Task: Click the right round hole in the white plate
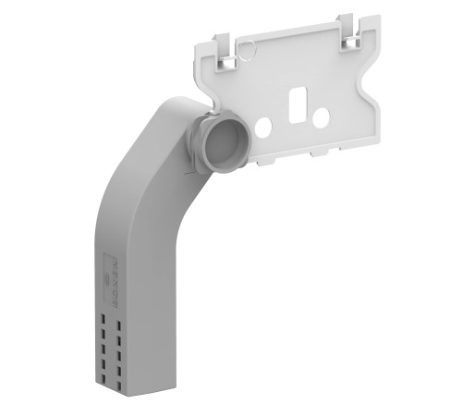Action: click(320, 117)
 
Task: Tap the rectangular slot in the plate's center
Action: click(297, 97)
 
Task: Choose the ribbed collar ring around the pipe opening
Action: click(208, 139)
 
